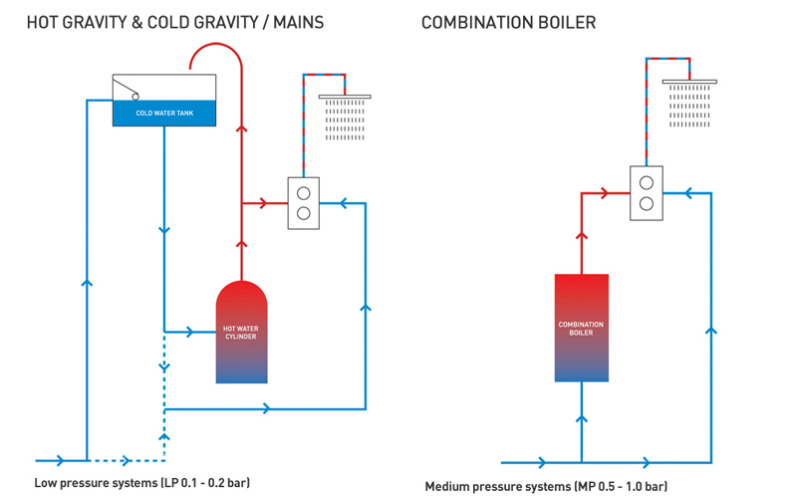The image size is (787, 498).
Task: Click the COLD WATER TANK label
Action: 164,114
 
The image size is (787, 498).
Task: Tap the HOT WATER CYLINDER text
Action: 241,332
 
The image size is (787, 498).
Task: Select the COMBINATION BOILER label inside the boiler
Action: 581,329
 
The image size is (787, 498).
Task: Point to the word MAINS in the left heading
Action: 294,22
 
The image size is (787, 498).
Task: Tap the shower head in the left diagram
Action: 345,98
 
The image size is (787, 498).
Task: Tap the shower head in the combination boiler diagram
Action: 689,82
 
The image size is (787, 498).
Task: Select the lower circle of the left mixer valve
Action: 303,213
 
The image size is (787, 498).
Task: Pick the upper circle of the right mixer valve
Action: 646,183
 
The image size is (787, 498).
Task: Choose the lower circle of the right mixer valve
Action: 646,204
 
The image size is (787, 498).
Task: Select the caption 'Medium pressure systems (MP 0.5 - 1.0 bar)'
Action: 546,486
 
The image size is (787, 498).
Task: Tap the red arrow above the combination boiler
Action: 582,238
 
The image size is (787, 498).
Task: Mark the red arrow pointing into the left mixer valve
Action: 263,203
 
